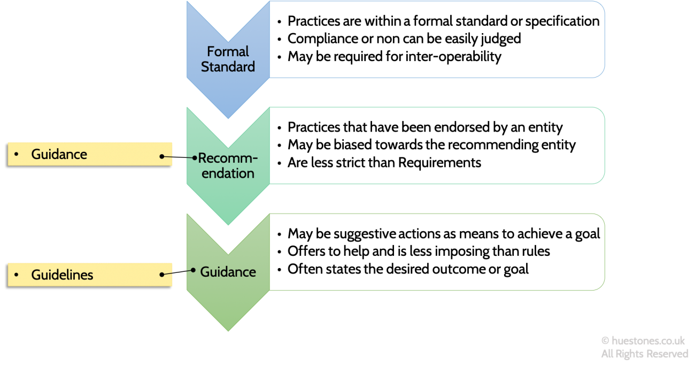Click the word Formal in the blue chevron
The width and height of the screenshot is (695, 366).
coord(228,52)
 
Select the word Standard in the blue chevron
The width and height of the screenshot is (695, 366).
coord(228,67)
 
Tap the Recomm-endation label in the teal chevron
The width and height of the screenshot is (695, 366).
coord(228,166)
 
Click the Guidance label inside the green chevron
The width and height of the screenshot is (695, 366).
coord(228,272)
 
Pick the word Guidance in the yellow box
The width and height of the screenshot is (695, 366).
coord(59,154)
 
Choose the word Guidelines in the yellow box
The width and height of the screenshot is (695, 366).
coord(62,275)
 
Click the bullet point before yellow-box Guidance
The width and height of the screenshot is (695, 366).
coord(17,154)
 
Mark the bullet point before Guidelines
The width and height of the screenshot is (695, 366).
coord(17,275)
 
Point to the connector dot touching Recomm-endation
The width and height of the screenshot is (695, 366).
coord(195,158)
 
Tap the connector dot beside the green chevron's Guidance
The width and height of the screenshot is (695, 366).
coord(193,270)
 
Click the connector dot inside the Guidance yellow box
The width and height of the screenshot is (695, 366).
coord(161,156)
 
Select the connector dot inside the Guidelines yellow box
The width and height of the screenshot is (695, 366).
coord(161,275)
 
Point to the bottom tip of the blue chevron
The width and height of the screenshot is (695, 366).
coord(228,118)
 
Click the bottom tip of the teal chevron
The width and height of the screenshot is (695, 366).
coord(228,224)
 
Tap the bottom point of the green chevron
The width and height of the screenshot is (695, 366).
coord(228,330)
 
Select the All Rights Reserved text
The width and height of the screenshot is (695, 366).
coord(645,354)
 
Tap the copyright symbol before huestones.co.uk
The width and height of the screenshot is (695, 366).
coord(605,341)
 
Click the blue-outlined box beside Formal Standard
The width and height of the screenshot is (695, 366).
coord(436,40)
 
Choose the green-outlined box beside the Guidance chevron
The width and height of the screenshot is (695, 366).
coord(436,252)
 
